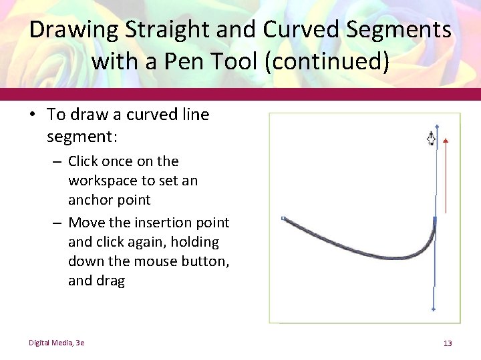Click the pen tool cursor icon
[432, 139]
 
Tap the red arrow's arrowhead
[446, 141]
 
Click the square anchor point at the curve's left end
[284, 218]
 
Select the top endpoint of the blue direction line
[436, 125]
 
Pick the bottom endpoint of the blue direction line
[434, 309]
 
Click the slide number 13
[448, 343]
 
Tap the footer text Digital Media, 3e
[56, 343]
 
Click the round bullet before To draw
[32, 115]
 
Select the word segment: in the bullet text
[82, 137]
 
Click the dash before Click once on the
[57, 161]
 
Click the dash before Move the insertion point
[57, 223]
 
